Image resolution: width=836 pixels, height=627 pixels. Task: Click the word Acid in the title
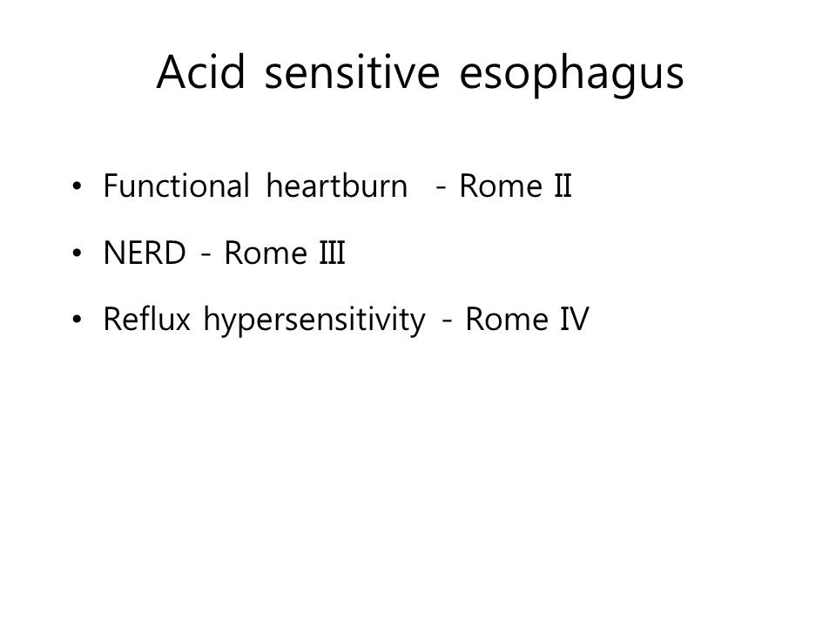[x=201, y=71]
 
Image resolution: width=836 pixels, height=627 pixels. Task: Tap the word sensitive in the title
[x=353, y=71]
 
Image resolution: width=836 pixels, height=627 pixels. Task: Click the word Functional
[x=177, y=185]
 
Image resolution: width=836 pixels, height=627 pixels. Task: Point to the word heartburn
[x=337, y=185]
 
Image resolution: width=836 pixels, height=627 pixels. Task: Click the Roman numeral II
[x=563, y=185]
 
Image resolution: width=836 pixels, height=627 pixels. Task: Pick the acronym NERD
[x=145, y=253]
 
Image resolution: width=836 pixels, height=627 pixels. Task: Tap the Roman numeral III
[x=332, y=253]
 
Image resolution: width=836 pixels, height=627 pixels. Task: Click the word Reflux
[x=146, y=319]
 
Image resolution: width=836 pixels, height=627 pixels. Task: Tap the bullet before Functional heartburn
[x=78, y=186]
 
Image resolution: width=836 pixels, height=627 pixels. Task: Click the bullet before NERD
[x=78, y=253]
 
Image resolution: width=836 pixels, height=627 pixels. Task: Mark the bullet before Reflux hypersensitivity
[x=78, y=320]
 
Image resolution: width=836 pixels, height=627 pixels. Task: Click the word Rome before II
[x=501, y=185]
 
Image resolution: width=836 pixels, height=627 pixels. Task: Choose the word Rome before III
[x=266, y=253]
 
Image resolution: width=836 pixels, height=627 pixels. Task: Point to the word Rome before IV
[x=507, y=319]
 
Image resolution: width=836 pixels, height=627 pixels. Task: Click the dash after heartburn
[x=441, y=188]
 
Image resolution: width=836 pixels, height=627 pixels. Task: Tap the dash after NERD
[x=206, y=255]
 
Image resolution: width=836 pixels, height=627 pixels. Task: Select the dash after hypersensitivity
[x=447, y=321]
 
